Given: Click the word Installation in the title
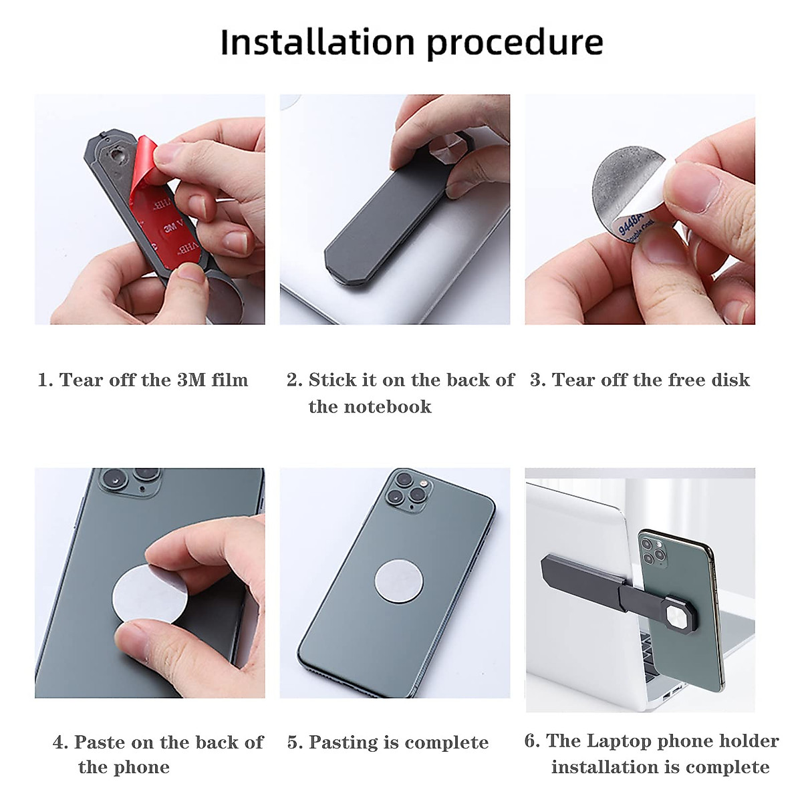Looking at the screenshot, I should (317, 43).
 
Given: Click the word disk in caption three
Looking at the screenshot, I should (730, 380).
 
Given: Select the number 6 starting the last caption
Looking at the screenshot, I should (531, 741).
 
